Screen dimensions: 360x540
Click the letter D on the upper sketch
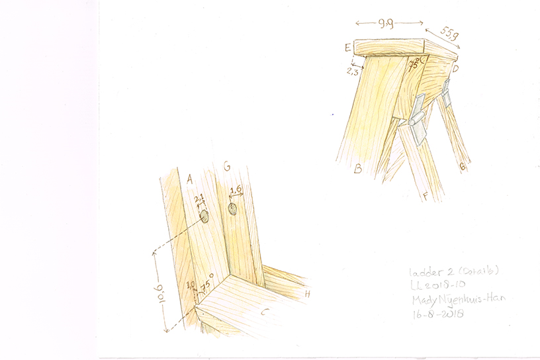tap(455, 67)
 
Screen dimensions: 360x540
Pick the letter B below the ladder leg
tap(357, 169)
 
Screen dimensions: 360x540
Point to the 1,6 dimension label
tap(235, 191)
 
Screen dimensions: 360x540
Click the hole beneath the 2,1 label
tap(204, 216)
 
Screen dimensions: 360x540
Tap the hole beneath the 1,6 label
tap(233, 210)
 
